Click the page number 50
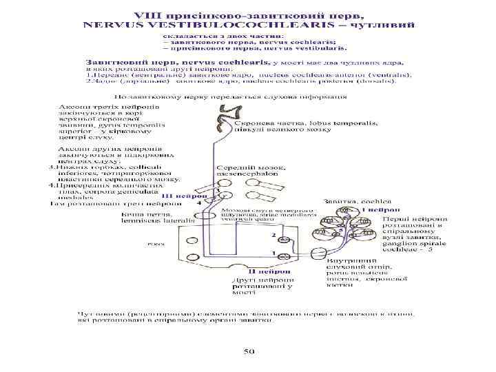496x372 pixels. point(249,351)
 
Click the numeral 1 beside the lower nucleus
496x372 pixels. point(274,254)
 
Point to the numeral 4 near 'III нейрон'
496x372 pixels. point(199,204)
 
